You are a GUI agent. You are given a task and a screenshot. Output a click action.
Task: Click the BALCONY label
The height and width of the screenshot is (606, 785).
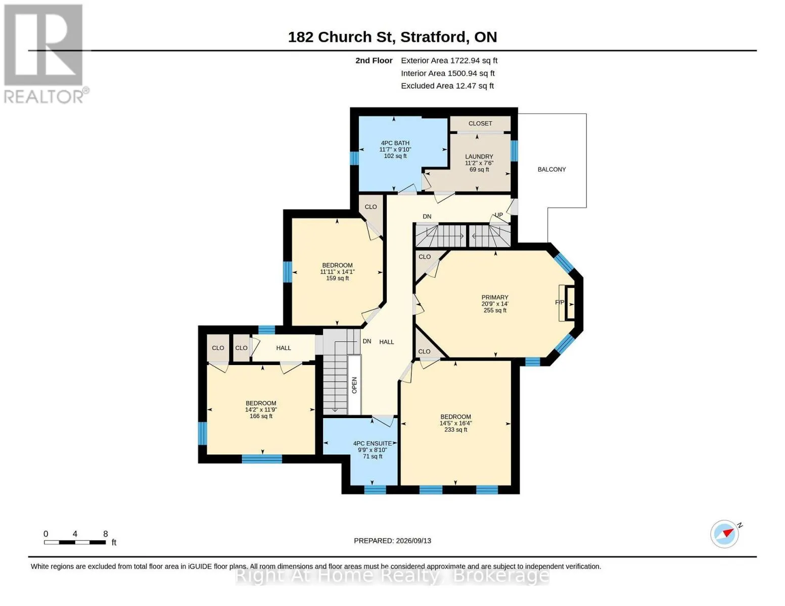click(x=551, y=169)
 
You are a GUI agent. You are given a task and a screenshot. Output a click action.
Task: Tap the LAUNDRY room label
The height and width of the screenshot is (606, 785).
click(x=479, y=156)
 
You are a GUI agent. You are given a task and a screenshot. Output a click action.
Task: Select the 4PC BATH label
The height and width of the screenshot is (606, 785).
click(x=395, y=143)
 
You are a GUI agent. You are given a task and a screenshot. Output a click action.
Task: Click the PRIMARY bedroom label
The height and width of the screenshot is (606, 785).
click(x=494, y=297)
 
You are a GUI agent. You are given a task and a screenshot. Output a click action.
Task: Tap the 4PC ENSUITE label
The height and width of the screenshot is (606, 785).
click(x=373, y=443)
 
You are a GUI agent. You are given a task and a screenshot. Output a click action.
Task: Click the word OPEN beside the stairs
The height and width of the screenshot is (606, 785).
click(x=354, y=385)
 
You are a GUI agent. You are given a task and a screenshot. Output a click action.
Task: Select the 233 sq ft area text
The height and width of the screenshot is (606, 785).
click(x=455, y=430)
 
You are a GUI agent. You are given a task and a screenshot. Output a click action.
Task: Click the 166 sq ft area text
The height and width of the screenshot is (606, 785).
click(x=261, y=416)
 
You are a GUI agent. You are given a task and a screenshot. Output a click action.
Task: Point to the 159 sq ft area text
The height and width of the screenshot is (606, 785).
click(x=338, y=278)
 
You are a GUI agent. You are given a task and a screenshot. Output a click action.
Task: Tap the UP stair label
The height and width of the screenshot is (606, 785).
click(x=498, y=215)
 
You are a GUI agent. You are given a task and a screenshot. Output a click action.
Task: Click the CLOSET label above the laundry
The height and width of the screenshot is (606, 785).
click(x=480, y=123)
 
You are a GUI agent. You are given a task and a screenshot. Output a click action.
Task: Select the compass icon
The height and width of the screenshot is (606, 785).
click(x=725, y=534)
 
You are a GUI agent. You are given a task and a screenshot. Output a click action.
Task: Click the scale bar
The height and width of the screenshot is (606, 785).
click(x=75, y=542)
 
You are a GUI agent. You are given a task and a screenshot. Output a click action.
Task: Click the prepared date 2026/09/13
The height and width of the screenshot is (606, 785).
click(x=413, y=541)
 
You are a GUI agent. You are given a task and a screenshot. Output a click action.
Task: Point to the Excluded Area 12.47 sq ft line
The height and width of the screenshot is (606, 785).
click(x=447, y=86)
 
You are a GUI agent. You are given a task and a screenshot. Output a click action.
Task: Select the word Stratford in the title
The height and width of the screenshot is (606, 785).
click(x=433, y=37)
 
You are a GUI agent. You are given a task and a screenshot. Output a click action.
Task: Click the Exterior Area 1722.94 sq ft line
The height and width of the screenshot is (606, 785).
click(x=449, y=61)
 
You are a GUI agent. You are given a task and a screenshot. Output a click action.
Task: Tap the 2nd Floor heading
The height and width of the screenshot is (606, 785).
click(x=374, y=61)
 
